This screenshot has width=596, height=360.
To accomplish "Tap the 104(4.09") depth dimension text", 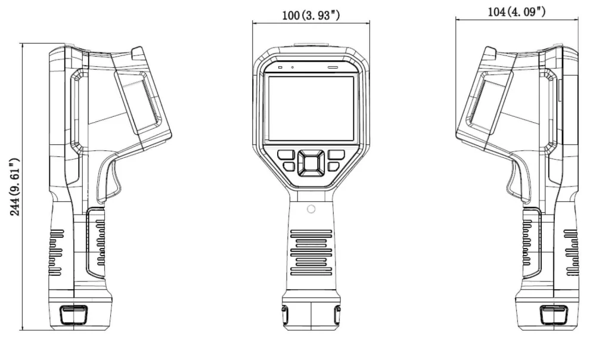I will (x=516, y=11).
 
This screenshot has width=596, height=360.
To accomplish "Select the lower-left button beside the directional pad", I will (x=289, y=167).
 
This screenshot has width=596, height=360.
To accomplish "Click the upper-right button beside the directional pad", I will (x=334, y=155).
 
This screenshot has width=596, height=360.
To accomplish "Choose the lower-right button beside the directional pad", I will (x=333, y=167).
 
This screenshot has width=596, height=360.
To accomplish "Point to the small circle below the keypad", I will (x=311, y=209).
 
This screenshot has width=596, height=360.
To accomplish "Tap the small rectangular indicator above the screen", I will (x=280, y=67).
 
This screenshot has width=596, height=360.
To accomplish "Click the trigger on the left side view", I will (x=107, y=182).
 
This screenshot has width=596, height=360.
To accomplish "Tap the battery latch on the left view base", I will (x=73, y=314).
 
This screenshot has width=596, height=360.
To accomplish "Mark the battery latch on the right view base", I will (x=551, y=314).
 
